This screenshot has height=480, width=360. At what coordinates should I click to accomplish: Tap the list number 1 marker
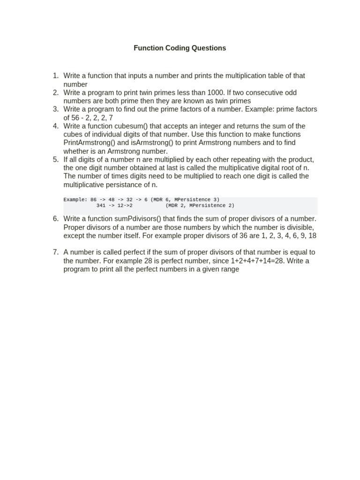click(55, 75)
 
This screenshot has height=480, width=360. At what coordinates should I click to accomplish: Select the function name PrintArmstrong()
click(88, 142)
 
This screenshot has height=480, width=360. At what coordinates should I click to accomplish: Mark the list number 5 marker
click(55, 159)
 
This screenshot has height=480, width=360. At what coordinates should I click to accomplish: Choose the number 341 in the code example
click(101, 205)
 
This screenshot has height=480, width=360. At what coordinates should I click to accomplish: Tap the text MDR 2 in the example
click(176, 205)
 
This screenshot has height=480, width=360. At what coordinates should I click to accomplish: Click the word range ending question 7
click(229, 270)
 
